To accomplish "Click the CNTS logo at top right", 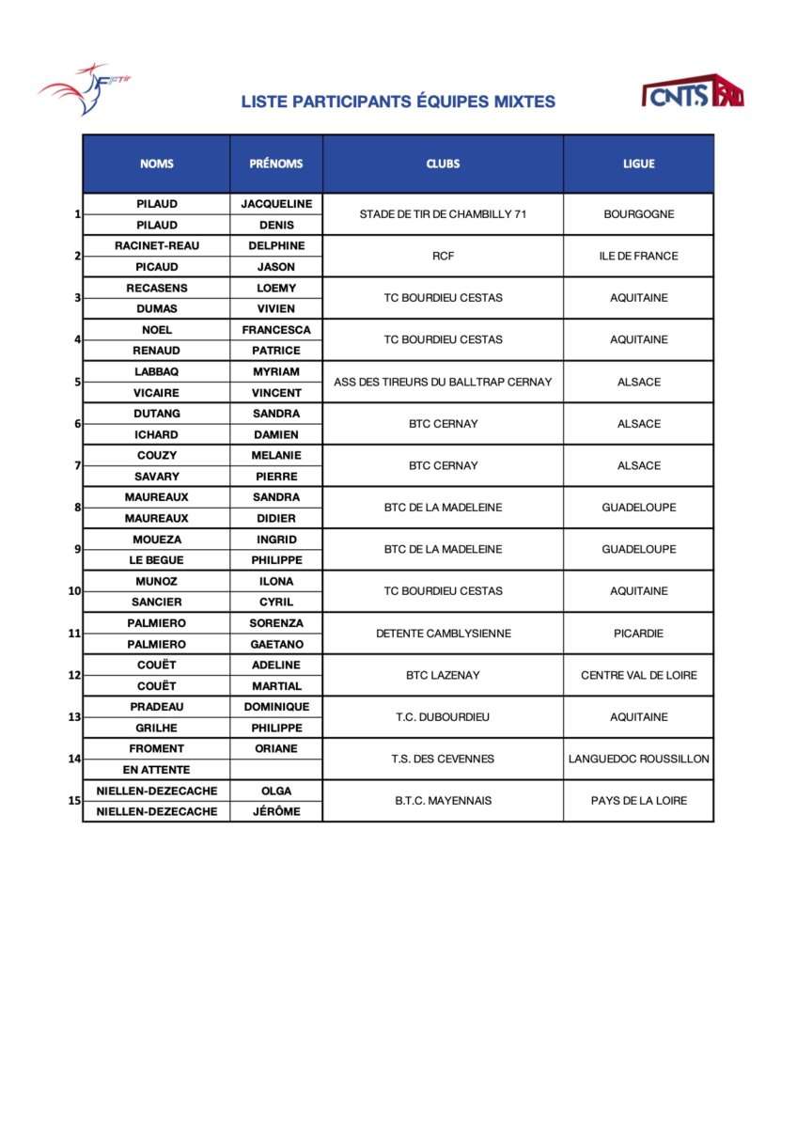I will [x=692, y=92].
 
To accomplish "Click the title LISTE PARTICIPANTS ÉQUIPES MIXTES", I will [x=398, y=102].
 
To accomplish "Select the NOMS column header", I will [x=157, y=164].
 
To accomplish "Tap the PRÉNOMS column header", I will [x=276, y=164].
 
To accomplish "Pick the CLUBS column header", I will [x=443, y=164].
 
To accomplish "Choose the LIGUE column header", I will [x=638, y=164].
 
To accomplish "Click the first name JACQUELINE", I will [x=276, y=204].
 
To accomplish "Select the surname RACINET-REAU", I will [x=157, y=245].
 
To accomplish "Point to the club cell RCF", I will [x=443, y=256].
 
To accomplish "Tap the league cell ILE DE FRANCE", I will [x=638, y=256].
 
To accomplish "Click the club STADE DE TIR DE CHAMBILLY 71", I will [x=443, y=214].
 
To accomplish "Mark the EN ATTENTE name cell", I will [x=157, y=770].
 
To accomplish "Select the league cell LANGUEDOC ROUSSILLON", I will [x=638, y=759].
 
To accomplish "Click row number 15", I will [x=74, y=801].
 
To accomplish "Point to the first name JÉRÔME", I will [x=276, y=811].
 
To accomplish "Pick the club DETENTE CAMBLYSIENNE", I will [x=443, y=634].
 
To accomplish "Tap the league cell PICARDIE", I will [x=638, y=634].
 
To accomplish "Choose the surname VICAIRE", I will [x=157, y=393].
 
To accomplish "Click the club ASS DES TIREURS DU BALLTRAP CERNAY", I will [x=443, y=382].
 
